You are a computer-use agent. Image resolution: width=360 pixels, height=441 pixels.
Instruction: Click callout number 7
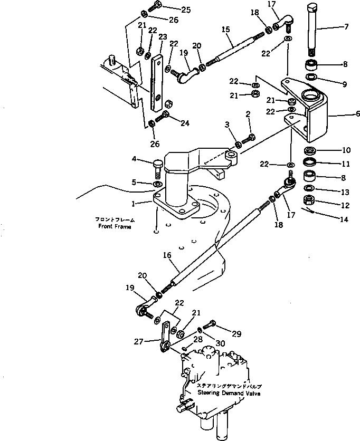tap(346, 26)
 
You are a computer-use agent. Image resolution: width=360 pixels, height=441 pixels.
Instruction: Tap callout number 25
tap(171, 9)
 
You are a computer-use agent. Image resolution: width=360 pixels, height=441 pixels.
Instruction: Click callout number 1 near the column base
tap(134, 203)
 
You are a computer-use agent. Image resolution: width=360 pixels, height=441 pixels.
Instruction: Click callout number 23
tap(162, 36)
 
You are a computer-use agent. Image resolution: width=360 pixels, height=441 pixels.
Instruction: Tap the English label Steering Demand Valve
tap(229, 393)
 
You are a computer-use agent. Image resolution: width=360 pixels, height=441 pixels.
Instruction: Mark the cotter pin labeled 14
tap(311, 212)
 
